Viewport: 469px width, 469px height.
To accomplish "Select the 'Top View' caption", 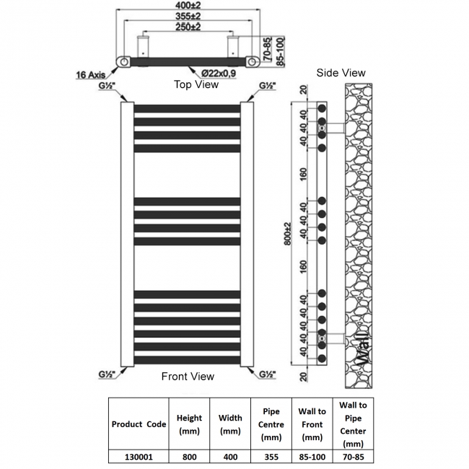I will pos(196,84).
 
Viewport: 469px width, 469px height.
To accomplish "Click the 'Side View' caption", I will pos(341,72).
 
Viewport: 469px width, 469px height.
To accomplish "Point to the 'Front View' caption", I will pos(188,376).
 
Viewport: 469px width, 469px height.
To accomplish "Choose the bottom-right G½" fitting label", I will pos(268,374).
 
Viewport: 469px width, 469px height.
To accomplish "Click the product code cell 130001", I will pos(138,456).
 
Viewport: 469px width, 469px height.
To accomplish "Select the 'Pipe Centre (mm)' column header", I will pos(271,424).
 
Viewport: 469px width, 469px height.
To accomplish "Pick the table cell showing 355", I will pos(271,456).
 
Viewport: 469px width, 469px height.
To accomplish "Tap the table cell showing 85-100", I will pos(312,456).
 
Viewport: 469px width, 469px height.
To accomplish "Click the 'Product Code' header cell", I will pos(138,424).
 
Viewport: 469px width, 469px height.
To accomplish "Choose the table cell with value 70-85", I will pos(354,456).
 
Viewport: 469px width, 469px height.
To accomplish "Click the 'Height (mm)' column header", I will pos(189,424).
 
